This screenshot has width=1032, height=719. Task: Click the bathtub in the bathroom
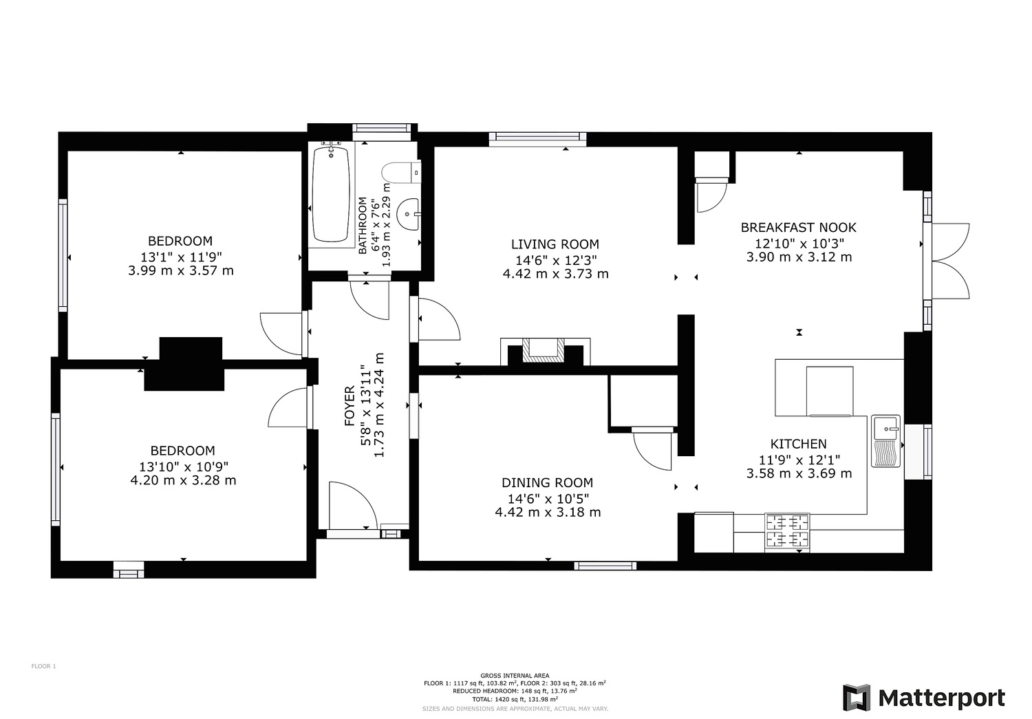coord(331,194)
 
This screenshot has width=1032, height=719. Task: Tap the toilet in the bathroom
coord(401,173)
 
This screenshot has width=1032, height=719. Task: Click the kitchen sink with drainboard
coord(885,441)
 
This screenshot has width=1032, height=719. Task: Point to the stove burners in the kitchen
coord(787,531)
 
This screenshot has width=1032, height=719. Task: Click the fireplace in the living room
coord(545,352)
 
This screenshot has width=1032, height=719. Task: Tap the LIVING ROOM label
coord(555,244)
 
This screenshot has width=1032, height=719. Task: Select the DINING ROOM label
coord(548,483)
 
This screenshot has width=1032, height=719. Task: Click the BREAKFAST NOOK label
coord(798,228)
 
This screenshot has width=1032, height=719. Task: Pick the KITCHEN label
coord(798,444)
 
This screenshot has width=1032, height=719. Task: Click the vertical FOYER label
coord(350,406)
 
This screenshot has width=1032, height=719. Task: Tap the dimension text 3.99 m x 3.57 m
coord(180,271)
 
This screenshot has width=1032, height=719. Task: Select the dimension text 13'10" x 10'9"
coord(184,467)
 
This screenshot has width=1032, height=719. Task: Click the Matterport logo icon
coord(857,698)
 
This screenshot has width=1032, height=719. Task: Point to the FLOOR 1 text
coord(43,666)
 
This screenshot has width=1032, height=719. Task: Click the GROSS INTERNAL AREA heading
coord(515,676)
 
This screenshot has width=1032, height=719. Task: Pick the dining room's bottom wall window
coord(605,566)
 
